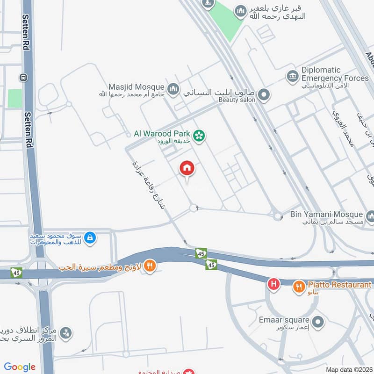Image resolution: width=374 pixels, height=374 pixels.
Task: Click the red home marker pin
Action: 187,169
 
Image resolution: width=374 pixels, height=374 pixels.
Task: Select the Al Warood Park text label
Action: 162,134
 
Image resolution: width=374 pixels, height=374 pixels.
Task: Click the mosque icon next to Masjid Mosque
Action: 173,88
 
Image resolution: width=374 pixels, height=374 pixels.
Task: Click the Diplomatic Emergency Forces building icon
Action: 293,76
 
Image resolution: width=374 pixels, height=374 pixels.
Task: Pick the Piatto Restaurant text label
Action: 339,285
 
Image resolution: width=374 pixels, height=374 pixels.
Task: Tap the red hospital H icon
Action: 273,283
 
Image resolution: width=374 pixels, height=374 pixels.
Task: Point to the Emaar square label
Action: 284,320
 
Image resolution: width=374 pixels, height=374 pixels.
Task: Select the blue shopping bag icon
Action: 90,238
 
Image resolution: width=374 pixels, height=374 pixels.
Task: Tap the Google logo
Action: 20,367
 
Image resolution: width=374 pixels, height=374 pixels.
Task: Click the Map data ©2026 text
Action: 348,370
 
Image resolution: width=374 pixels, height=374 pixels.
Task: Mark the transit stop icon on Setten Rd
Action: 22,77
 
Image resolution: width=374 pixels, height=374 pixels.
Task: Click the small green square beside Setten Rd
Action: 14,98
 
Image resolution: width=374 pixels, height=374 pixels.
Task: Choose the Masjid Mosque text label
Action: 136,87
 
